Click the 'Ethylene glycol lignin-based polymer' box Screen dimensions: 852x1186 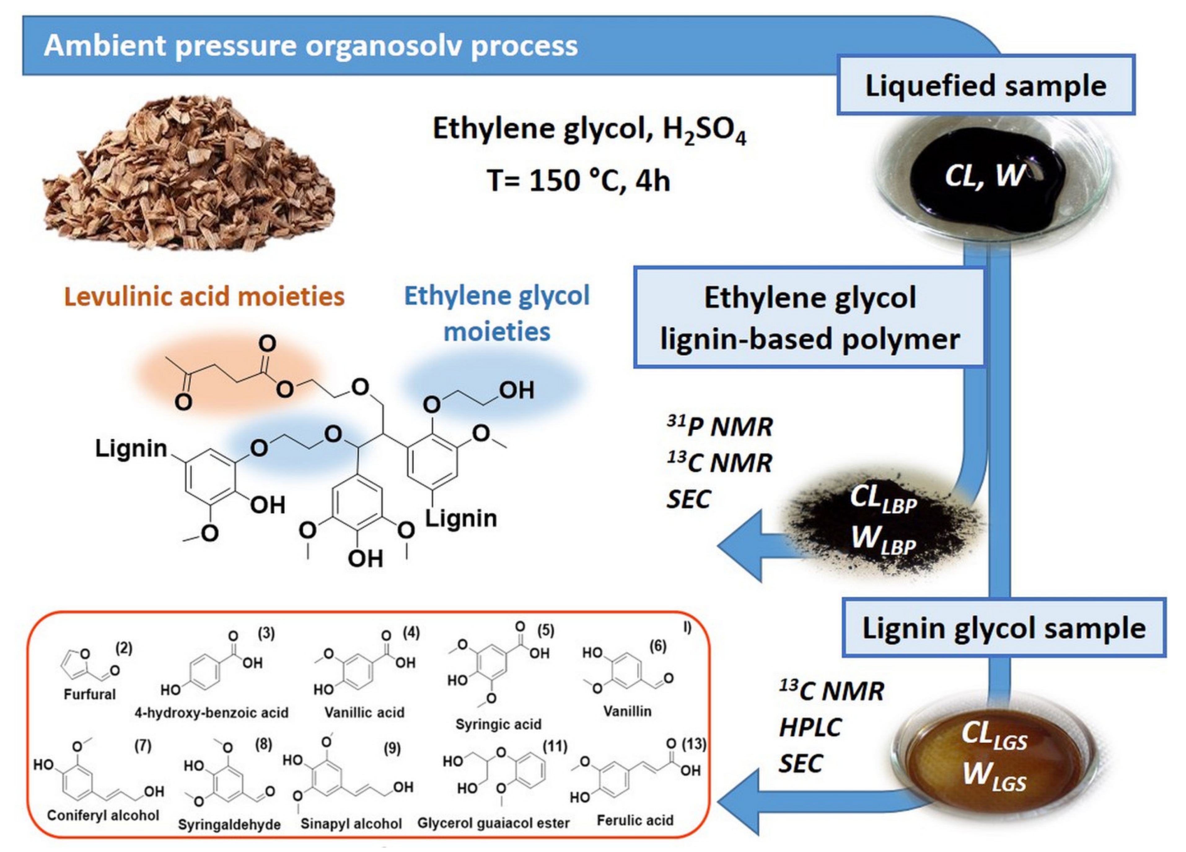[x=810, y=318]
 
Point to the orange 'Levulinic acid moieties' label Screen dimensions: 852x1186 [x=204, y=297]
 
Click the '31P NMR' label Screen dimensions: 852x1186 [x=719, y=427]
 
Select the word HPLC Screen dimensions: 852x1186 [x=810, y=727]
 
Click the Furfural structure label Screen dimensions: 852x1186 [x=90, y=694]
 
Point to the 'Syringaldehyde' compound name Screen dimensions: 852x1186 [x=229, y=825]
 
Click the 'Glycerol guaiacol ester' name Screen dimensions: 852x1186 [x=493, y=823]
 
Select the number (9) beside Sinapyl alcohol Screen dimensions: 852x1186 [x=392, y=748]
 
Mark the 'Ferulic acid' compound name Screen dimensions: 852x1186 [x=635, y=820]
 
